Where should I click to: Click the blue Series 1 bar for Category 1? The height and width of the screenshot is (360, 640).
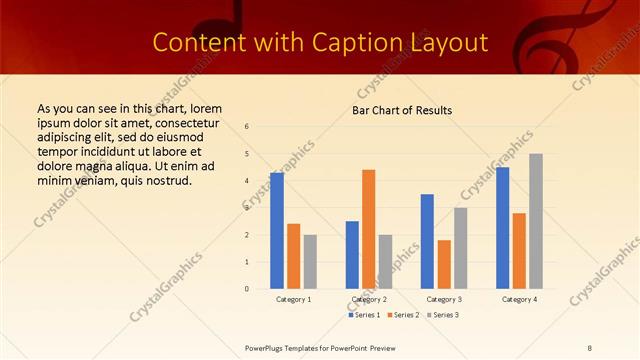[277, 231]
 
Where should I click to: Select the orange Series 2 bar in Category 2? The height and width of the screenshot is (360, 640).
[369, 229]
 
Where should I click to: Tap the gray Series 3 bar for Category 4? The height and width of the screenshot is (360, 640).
[536, 221]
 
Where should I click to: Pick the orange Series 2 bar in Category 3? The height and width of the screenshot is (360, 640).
[444, 264]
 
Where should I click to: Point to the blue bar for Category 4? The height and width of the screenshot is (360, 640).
[502, 228]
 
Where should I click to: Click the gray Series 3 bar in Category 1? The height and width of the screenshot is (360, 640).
[310, 262]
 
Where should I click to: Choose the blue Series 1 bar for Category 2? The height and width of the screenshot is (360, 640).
[352, 255]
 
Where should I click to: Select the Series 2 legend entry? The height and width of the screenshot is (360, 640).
[404, 315]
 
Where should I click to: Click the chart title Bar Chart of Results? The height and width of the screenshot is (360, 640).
[402, 110]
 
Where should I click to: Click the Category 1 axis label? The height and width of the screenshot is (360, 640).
[293, 299]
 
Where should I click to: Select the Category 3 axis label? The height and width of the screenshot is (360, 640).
[444, 299]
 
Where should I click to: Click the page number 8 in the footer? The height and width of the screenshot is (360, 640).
[590, 347]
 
